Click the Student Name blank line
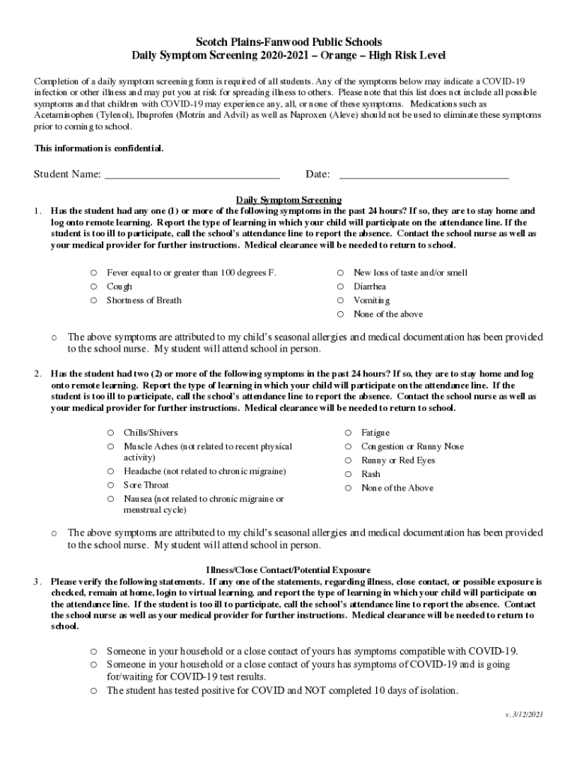192,175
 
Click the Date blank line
423,175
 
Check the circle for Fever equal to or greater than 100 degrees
94,273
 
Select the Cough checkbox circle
94,286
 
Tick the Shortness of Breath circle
94,300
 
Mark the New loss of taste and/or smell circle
340,273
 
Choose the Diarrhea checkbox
340,286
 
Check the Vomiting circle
340,300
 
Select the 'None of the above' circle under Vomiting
340,314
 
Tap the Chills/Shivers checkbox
110,433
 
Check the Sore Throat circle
110,485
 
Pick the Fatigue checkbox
348,433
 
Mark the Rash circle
348,474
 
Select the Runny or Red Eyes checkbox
348,460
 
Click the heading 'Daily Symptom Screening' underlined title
288,199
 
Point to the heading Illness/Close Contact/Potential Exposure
288,570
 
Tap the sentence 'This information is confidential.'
98,148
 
